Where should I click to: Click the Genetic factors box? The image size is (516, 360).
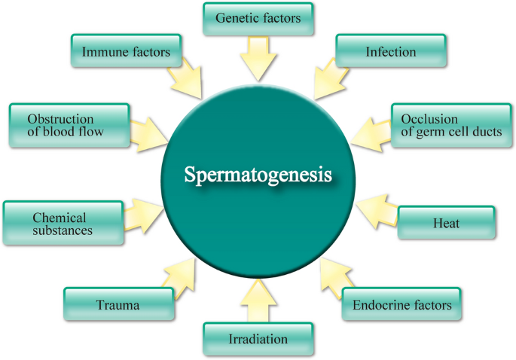click(x=258, y=17)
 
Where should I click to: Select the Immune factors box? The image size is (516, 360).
click(x=126, y=51)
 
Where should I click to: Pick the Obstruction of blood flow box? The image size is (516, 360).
click(x=66, y=125)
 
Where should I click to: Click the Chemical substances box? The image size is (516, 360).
click(x=63, y=223)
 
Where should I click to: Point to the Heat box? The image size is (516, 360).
click(x=447, y=223)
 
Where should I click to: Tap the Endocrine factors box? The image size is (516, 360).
click(x=402, y=305)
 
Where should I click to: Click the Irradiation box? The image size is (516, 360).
click(x=258, y=339)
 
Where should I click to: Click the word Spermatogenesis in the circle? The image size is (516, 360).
click(x=258, y=175)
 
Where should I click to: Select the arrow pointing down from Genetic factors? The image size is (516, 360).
click(x=258, y=59)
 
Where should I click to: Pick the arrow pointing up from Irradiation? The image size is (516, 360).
click(x=258, y=301)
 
